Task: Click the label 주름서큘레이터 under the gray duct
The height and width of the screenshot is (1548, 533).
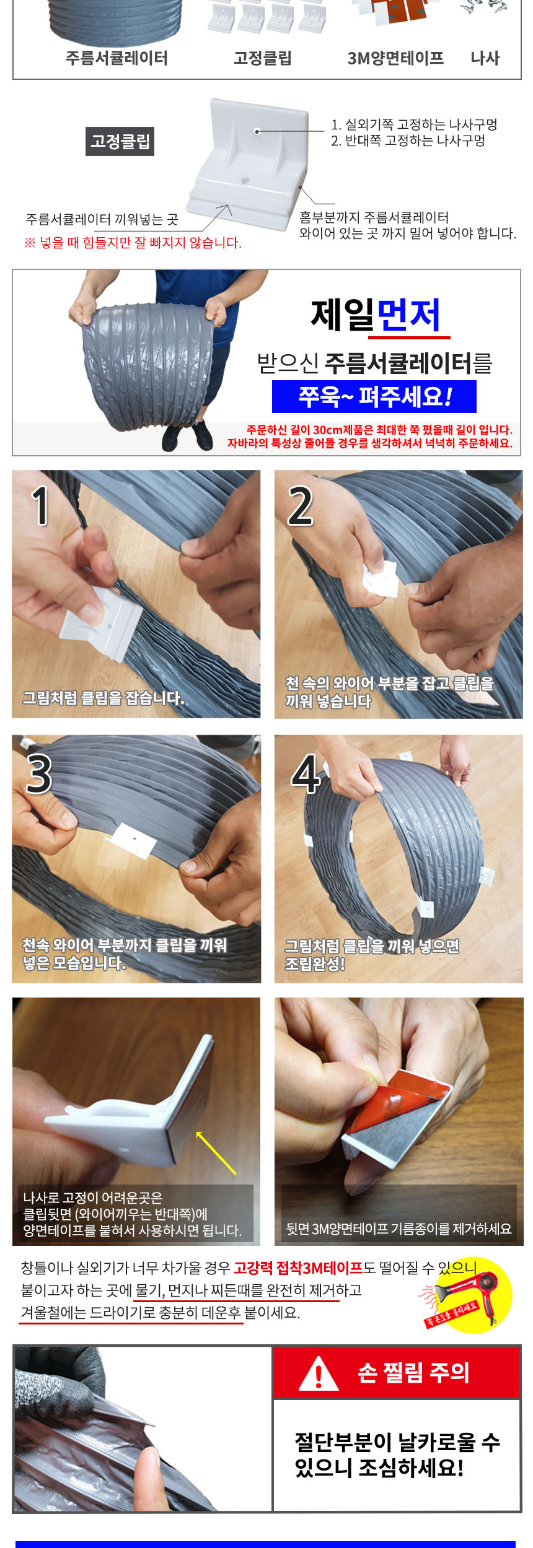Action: point(117,58)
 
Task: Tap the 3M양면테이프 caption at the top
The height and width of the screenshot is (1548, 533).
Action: point(395,58)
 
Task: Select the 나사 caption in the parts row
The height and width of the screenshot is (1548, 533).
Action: point(485,58)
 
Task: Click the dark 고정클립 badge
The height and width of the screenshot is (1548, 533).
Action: point(120,142)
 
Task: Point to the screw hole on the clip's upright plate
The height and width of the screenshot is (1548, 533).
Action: point(257,131)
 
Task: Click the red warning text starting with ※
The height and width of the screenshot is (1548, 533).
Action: point(133,243)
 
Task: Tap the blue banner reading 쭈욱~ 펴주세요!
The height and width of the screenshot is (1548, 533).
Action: point(374,396)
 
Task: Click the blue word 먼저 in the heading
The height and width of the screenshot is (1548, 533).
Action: point(409,315)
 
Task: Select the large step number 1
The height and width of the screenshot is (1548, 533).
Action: point(40,506)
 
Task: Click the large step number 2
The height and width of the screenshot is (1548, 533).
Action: point(301,506)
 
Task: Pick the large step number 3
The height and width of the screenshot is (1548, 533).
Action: point(39,774)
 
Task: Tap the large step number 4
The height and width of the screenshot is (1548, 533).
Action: point(306,774)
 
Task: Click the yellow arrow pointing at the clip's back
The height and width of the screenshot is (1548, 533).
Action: point(216,1152)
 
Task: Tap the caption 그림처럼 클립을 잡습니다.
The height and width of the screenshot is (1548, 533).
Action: point(104,698)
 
